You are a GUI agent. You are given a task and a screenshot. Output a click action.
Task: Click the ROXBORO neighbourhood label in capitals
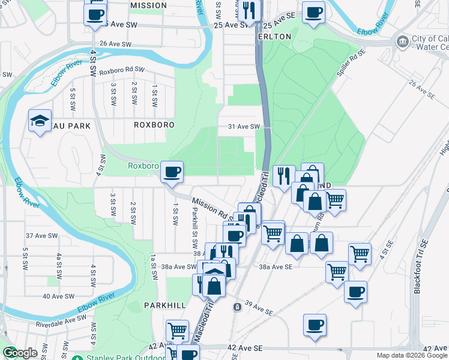click(x=154, y=125)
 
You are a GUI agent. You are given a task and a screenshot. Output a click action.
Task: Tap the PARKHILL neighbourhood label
click(x=164, y=305)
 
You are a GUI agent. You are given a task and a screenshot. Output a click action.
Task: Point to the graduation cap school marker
click(x=40, y=121)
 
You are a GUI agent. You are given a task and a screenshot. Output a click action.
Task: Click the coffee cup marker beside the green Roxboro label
click(x=172, y=172)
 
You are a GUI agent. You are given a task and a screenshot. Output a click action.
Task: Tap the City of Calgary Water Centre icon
click(x=402, y=41)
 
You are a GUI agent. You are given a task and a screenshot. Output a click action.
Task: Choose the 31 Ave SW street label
click(x=244, y=127)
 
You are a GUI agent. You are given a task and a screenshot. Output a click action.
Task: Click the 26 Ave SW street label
click(x=116, y=44)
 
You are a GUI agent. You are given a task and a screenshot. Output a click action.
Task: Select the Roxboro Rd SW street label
click(x=122, y=70)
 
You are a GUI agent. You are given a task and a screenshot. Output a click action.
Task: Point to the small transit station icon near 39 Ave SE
click(x=238, y=307)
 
